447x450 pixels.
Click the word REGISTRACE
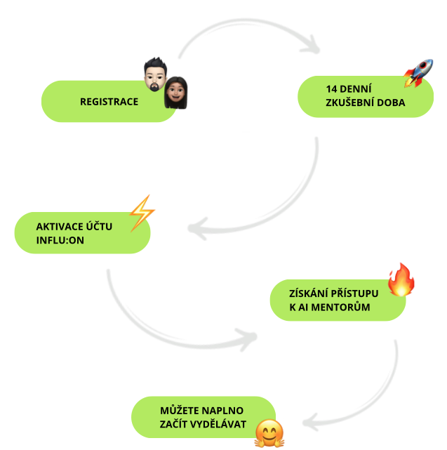pyautogui.click(x=109, y=101)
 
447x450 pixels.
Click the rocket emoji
pyautogui.click(x=418, y=72)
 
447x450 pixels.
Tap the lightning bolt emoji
pyautogui.click(x=141, y=212)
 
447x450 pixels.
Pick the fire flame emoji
pyautogui.click(x=401, y=280)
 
